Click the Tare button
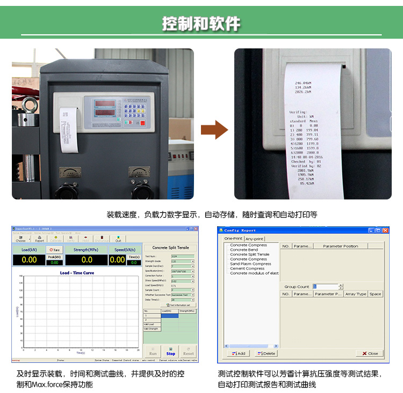54,249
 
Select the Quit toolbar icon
118,239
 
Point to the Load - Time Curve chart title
76,273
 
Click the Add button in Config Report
238,353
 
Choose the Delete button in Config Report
267,353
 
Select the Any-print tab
255,239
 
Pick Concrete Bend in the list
244,250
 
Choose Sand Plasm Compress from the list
250,264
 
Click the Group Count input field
326,287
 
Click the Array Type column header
356,294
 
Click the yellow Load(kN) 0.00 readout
29,260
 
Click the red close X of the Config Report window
385,230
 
